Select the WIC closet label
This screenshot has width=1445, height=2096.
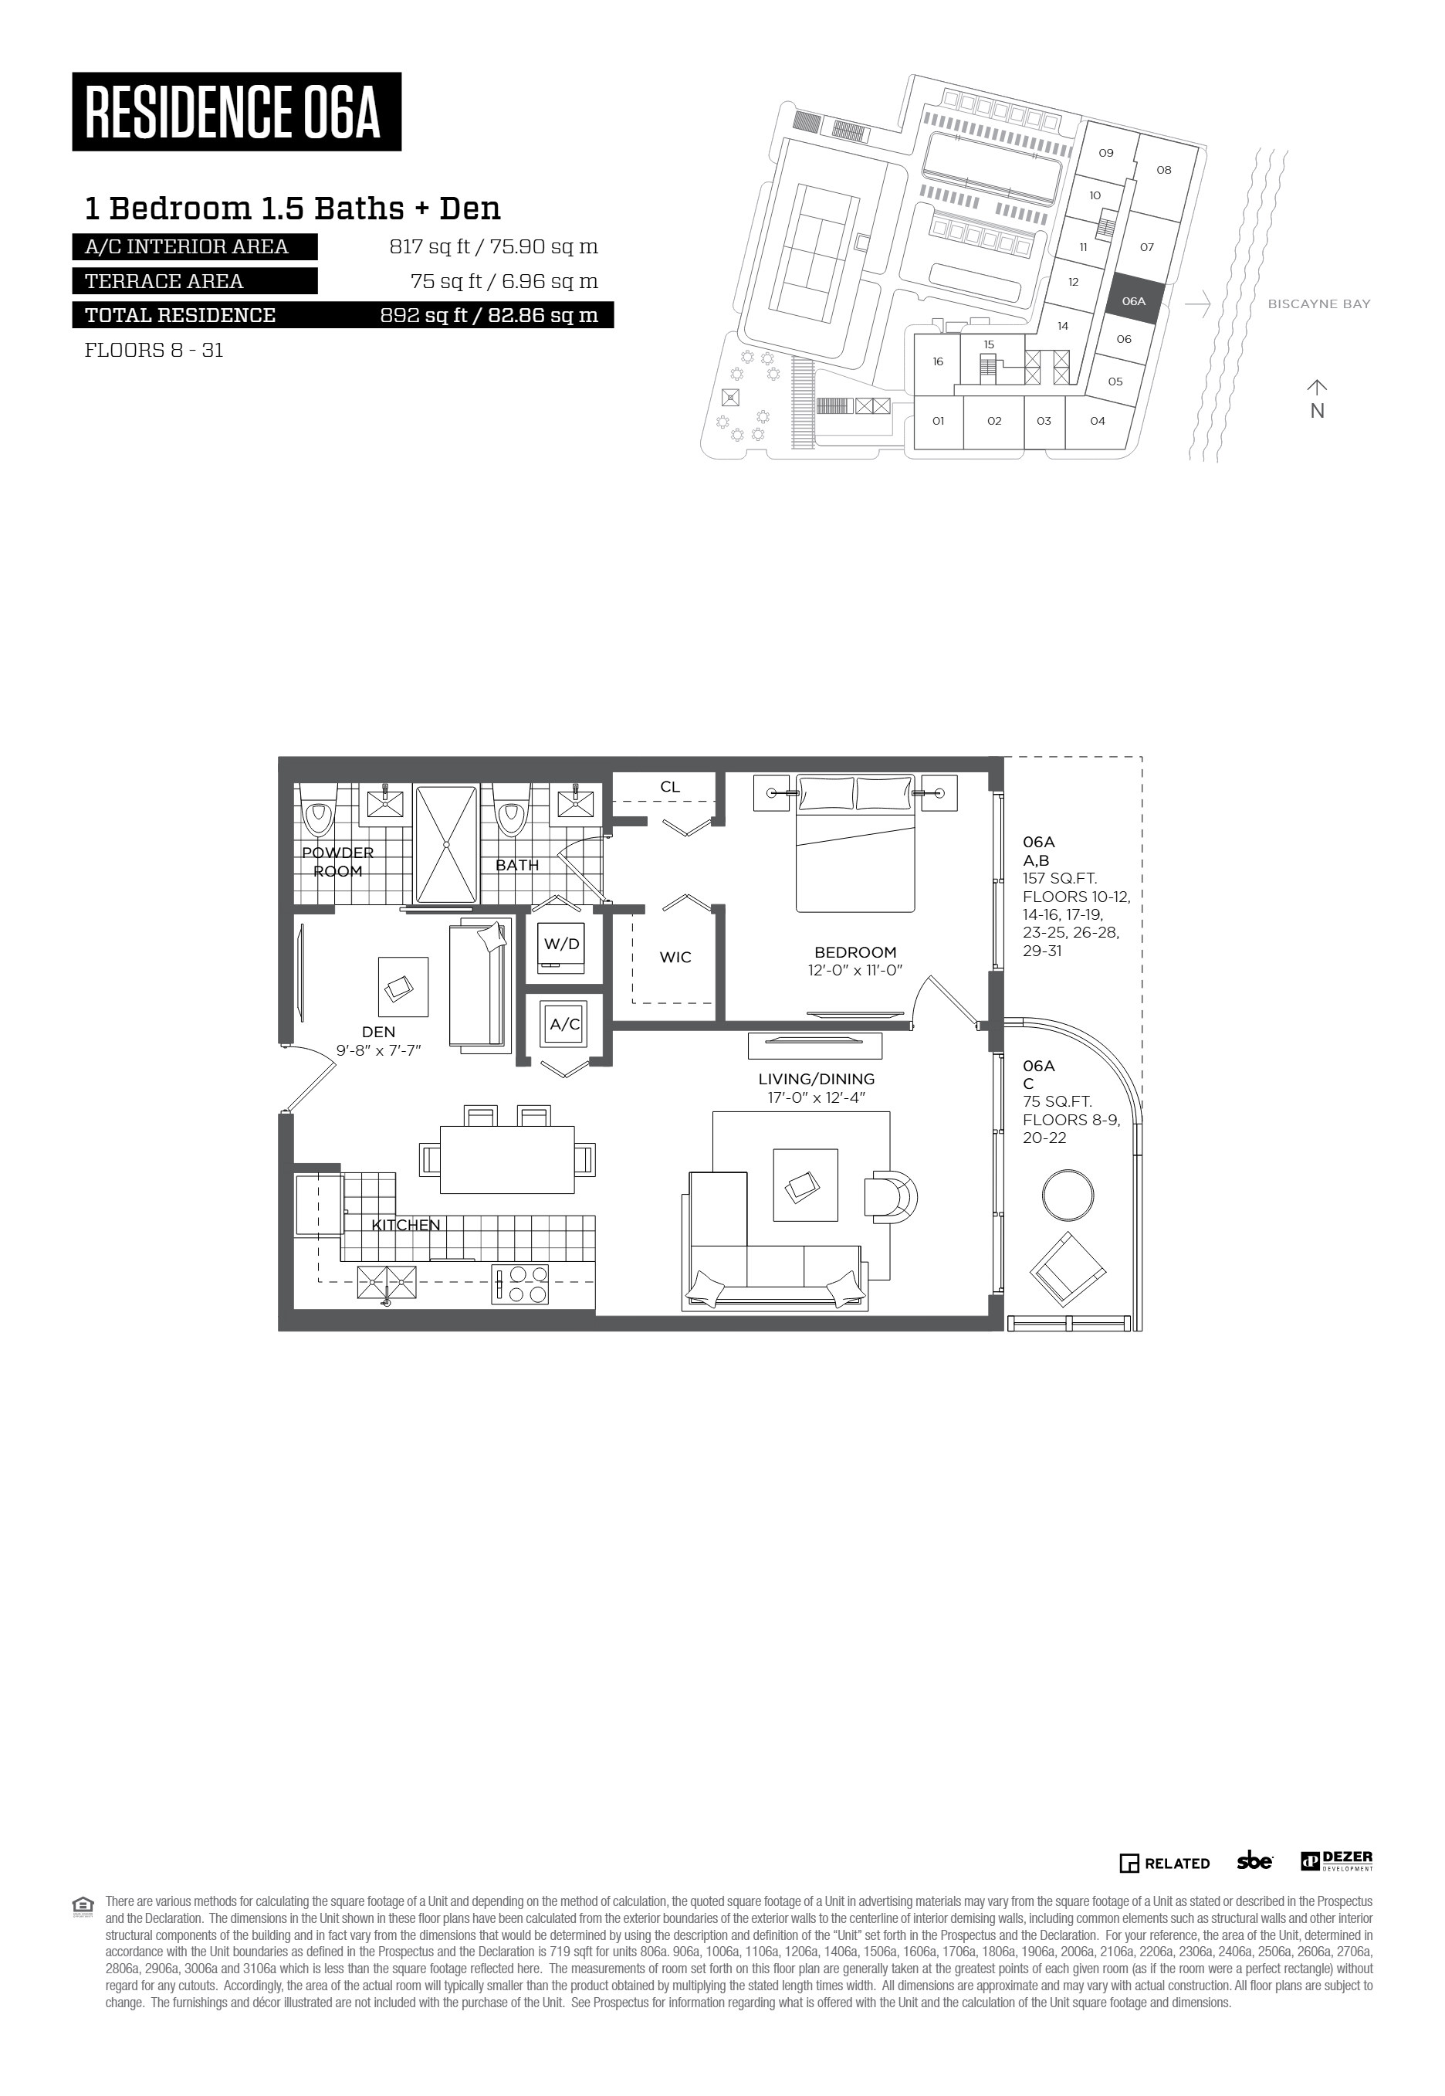pyautogui.click(x=675, y=957)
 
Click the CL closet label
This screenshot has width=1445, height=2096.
pyautogui.click(x=670, y=786)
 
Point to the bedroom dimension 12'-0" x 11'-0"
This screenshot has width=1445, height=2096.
pyautogui.click(x=855, y=970)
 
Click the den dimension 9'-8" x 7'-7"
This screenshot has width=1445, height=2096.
pyautogui.click(x=378, y=1050)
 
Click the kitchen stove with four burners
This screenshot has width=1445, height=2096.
pyautogui.click(x=519, y=1284)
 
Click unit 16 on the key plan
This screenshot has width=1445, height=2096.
pyautogui.click(x=938, y=361)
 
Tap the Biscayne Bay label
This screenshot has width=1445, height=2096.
pyautogui.click(x=1319, y=304)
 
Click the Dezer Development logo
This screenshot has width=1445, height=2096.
pyautogui.click(x=1337, y=1861)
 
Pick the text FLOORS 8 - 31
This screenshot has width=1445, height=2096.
pyautogui.click(x=154, y=351)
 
